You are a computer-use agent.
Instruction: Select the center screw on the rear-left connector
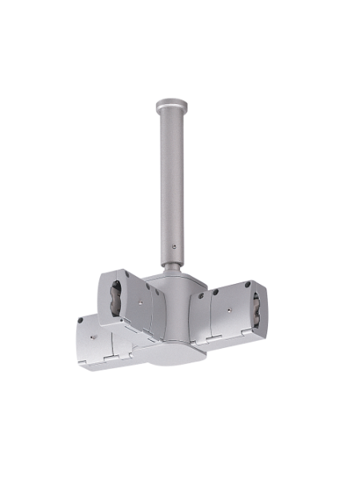138,302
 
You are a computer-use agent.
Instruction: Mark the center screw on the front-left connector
93,336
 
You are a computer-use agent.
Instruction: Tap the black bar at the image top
180,30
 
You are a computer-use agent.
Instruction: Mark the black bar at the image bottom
180,450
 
